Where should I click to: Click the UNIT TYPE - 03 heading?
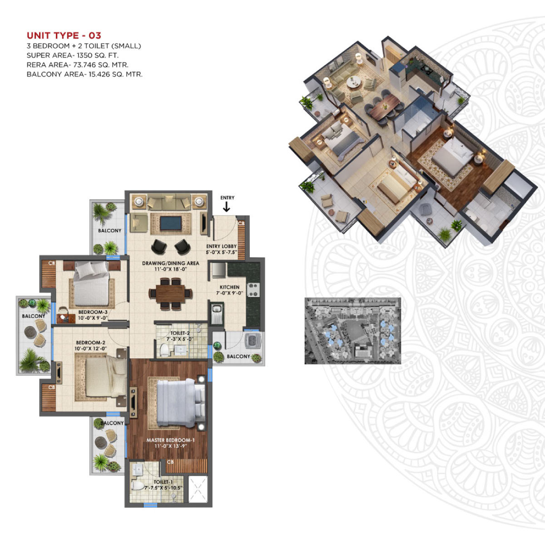[64, 35]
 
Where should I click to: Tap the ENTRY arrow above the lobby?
[227, 207]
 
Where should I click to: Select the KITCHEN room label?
[230, 287]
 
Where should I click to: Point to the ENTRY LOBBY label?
[221, 247]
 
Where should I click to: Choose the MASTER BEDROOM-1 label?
[170, 440]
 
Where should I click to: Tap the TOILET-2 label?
[180, 333]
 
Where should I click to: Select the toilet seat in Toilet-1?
[137, 486]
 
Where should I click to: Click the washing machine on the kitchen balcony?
[251, 341]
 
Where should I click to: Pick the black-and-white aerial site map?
[352, 331]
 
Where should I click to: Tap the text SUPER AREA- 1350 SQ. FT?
[73, 55]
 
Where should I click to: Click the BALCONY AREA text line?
[84, 74]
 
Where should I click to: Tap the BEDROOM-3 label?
[93, 312]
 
